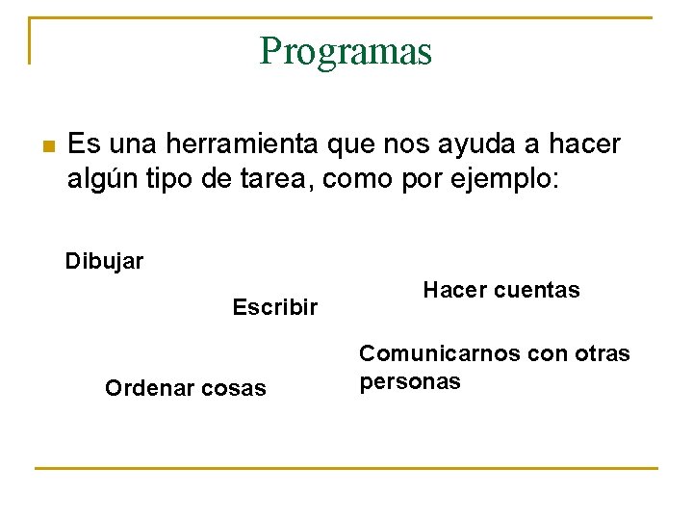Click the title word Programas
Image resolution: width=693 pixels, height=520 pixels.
tap(346, 51)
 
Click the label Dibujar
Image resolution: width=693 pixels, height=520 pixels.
tap(104, 261)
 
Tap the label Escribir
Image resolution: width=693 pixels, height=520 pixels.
tap(274, 307)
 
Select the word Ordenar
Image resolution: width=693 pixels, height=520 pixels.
tap(145, 388)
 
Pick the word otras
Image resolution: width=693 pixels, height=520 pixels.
tap(601, 353)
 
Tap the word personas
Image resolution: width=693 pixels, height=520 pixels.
tap(410, 381)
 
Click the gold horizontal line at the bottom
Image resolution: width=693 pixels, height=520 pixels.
tap(346, 468)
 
